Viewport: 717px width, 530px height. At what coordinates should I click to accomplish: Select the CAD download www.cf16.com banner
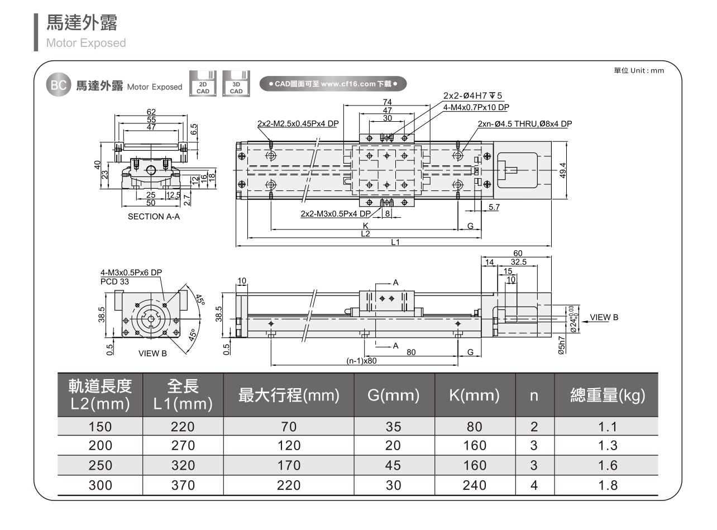(333, 84)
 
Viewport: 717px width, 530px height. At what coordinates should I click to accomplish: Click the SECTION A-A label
(154, 217)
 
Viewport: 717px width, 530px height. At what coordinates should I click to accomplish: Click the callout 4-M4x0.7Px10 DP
(476, 107)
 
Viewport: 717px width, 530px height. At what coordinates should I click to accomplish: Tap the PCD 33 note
(114, 281)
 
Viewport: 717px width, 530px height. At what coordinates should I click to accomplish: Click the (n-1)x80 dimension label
(362, 361)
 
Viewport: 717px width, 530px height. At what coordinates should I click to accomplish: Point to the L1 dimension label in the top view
(395, 242)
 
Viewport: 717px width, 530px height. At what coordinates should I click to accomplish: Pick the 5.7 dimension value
(494, 208)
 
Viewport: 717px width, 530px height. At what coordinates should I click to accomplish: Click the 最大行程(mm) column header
(289, 396)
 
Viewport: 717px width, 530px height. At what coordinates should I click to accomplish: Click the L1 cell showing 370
(183, 485)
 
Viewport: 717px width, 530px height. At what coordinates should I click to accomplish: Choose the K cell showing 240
(475, 485)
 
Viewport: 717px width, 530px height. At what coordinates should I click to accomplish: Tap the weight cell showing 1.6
(607, 465)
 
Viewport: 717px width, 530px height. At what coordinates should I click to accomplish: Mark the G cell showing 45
(394, 465)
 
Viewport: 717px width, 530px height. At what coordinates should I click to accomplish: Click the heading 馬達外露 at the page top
(82, 23)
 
